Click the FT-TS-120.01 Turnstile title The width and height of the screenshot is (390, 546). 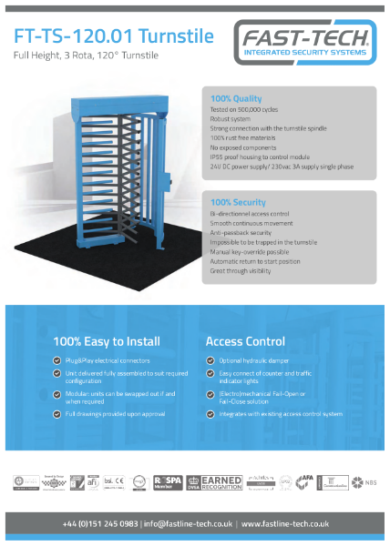pos(115,36)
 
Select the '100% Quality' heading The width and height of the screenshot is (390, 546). pos(236,97)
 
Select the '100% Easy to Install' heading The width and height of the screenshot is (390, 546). pos(107,341)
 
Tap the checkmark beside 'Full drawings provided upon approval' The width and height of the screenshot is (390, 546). pos(57,415)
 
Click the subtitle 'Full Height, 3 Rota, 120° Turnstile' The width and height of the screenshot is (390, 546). pos(86,56)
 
